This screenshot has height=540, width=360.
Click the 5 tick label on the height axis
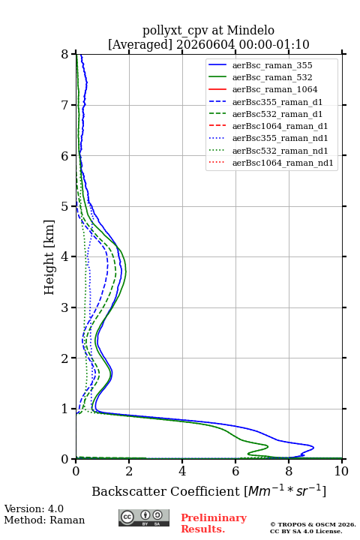click(x=65, y=206)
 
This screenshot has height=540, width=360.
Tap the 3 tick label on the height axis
click(x=65, y=307)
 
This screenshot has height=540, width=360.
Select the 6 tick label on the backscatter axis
click(x=235, y=471)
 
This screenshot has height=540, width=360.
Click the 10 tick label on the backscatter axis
click(x=341, y=471)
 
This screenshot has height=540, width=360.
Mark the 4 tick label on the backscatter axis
click(x=182, y=471)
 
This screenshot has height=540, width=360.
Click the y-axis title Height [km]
click(x=49, y=257)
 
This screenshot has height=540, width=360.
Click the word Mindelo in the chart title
click(x=250, y=30)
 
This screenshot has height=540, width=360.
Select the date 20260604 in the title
click(x=205, y=44)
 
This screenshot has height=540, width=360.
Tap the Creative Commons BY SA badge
click(x=144, y=517)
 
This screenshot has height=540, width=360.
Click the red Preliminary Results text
click(x=214, y=523)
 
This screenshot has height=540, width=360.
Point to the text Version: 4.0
click(x=34, y=508)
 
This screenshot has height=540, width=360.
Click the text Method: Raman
click(x=44, y=520)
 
